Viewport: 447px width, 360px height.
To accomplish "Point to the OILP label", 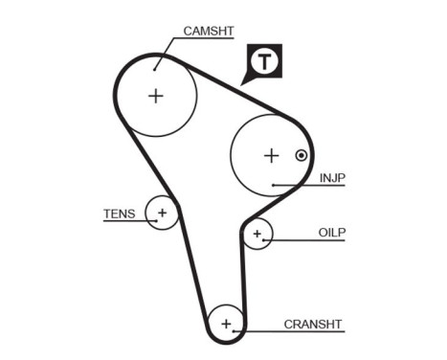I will coord(331,233).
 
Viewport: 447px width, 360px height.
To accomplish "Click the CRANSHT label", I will coord(312,325).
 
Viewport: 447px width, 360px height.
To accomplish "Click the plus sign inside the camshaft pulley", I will coord(156,94).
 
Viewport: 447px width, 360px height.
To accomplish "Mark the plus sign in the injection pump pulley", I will coord(271,154).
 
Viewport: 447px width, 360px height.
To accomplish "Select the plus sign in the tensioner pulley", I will coord(163,212).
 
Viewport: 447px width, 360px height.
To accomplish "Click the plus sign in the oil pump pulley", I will coord(257,233).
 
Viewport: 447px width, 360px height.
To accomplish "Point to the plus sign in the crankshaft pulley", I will coord(227,323).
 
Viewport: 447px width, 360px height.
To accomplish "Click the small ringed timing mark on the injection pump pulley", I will coord(302,155).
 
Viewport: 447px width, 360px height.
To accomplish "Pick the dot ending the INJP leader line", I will coord(274,183).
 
